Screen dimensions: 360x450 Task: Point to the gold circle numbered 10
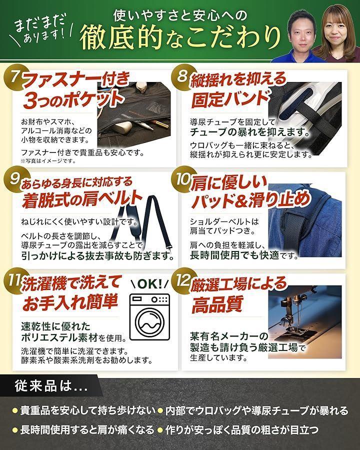coord(181,179)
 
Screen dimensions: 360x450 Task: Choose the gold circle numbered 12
coord(181,280)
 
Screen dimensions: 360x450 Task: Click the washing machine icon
coord(149,316)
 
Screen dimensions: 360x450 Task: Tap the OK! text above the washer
coord(149,284)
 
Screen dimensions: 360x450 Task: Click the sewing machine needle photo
coord(304,321)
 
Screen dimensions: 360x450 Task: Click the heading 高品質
coord(217,304)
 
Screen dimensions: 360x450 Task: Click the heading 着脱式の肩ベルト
coord(82,199)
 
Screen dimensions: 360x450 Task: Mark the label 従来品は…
coord(51,386)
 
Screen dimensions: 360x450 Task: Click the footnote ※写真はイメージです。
coord(48,161)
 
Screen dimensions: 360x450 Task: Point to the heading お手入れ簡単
coord(70,302)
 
